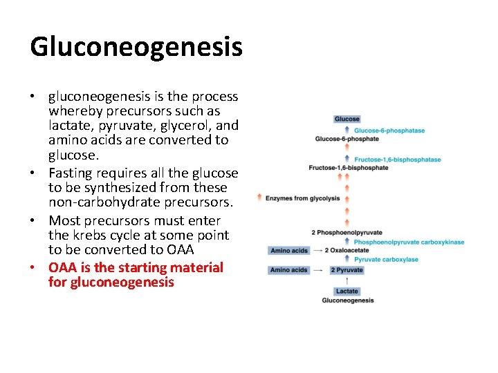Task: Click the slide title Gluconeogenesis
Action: click(136, 47)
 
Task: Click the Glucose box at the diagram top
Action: click(347, 119)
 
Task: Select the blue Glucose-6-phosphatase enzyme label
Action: click(389, 131)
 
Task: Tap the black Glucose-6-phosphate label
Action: click(347, 139)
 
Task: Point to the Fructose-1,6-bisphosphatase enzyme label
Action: click(397, 160)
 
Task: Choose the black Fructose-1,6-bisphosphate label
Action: click(348, 168)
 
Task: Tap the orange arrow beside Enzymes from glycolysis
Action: click(259, 198)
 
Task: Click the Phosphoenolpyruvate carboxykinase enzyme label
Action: click(409, 242)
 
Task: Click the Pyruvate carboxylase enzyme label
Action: click(386, 260)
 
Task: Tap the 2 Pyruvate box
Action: click(346, 270)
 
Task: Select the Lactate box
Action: click(347, 291)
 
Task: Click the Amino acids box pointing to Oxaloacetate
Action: click(289, 251)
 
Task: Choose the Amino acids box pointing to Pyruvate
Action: click(289, 270)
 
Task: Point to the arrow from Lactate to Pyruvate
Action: click(347, 280)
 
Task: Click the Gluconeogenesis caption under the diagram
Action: click(347, 300)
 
